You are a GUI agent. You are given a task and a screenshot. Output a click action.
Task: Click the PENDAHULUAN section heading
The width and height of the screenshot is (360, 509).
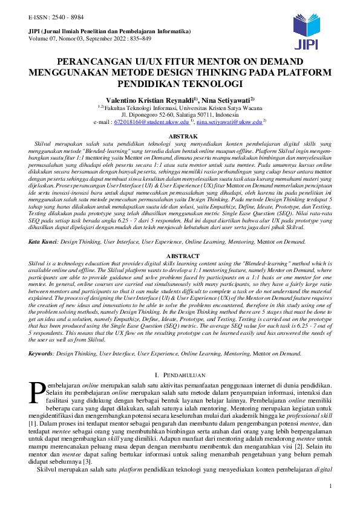pyautogui.click(x=182, y=375)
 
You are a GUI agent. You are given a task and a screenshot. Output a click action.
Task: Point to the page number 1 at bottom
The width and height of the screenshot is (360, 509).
pyautogui.click(x=330, y=487)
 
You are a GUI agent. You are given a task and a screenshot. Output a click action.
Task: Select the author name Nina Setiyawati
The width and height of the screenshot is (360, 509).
pyautogui.click(x=226, y=99)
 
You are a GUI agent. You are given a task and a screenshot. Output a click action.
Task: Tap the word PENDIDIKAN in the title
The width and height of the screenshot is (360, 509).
pyautogui.click(x=155, y=83)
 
